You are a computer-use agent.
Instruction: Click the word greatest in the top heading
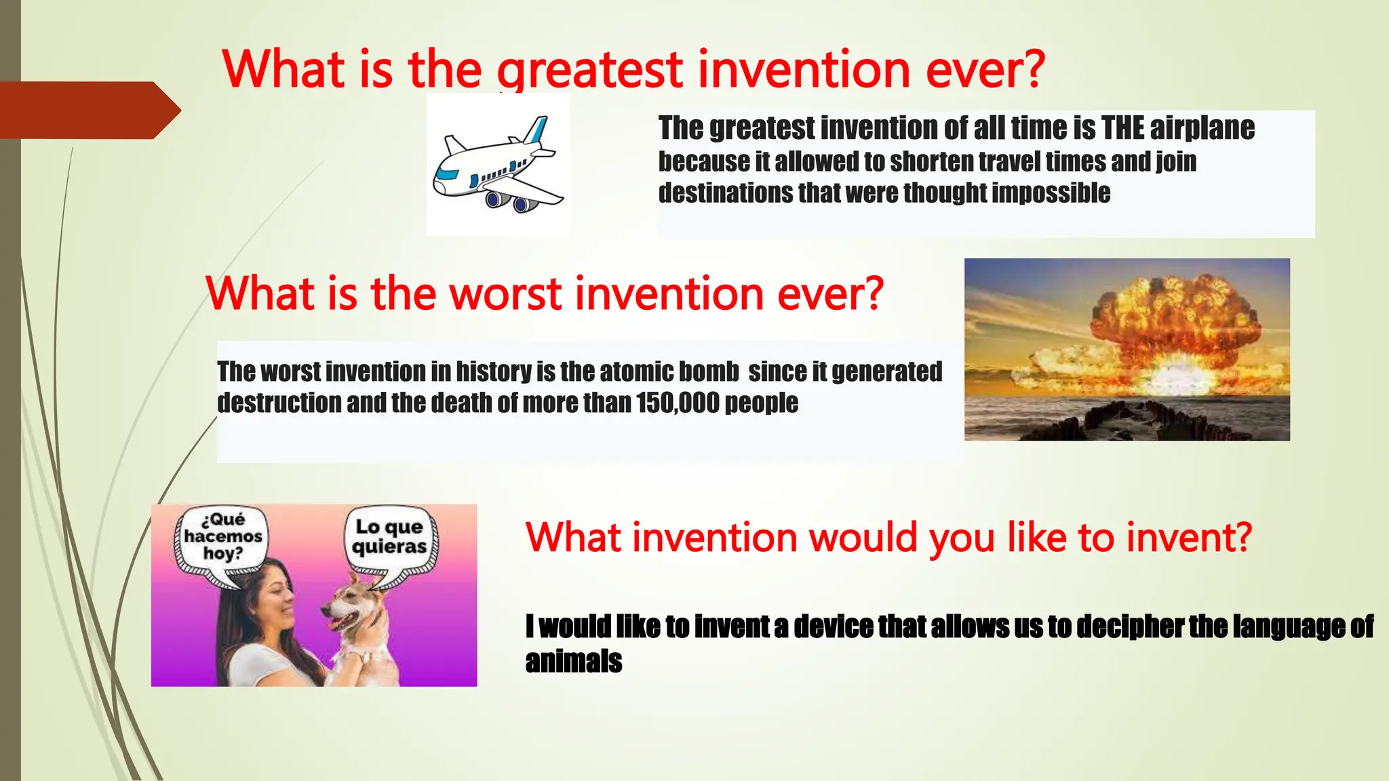point(589,70)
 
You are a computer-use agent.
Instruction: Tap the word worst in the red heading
point(505,294)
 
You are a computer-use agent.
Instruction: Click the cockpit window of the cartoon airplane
point(446,174)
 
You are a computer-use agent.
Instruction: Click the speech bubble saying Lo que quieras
point(389,538)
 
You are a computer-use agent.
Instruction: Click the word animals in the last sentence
point(573,661)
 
